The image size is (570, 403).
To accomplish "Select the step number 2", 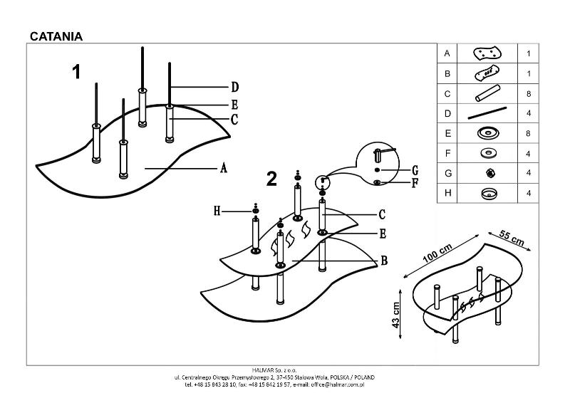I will [x=271, y=179].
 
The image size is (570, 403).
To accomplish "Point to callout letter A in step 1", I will [x=223, y=168].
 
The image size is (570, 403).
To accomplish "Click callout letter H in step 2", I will [x=218, y=210].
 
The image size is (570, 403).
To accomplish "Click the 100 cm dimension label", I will [x=437, y=253].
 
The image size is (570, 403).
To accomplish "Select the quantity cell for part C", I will [x=528, y=94].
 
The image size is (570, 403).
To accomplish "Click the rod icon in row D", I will [x=487, y=113].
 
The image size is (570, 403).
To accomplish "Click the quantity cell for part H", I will [x=528, y=193].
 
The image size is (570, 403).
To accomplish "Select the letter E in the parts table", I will [x=447, y=133].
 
